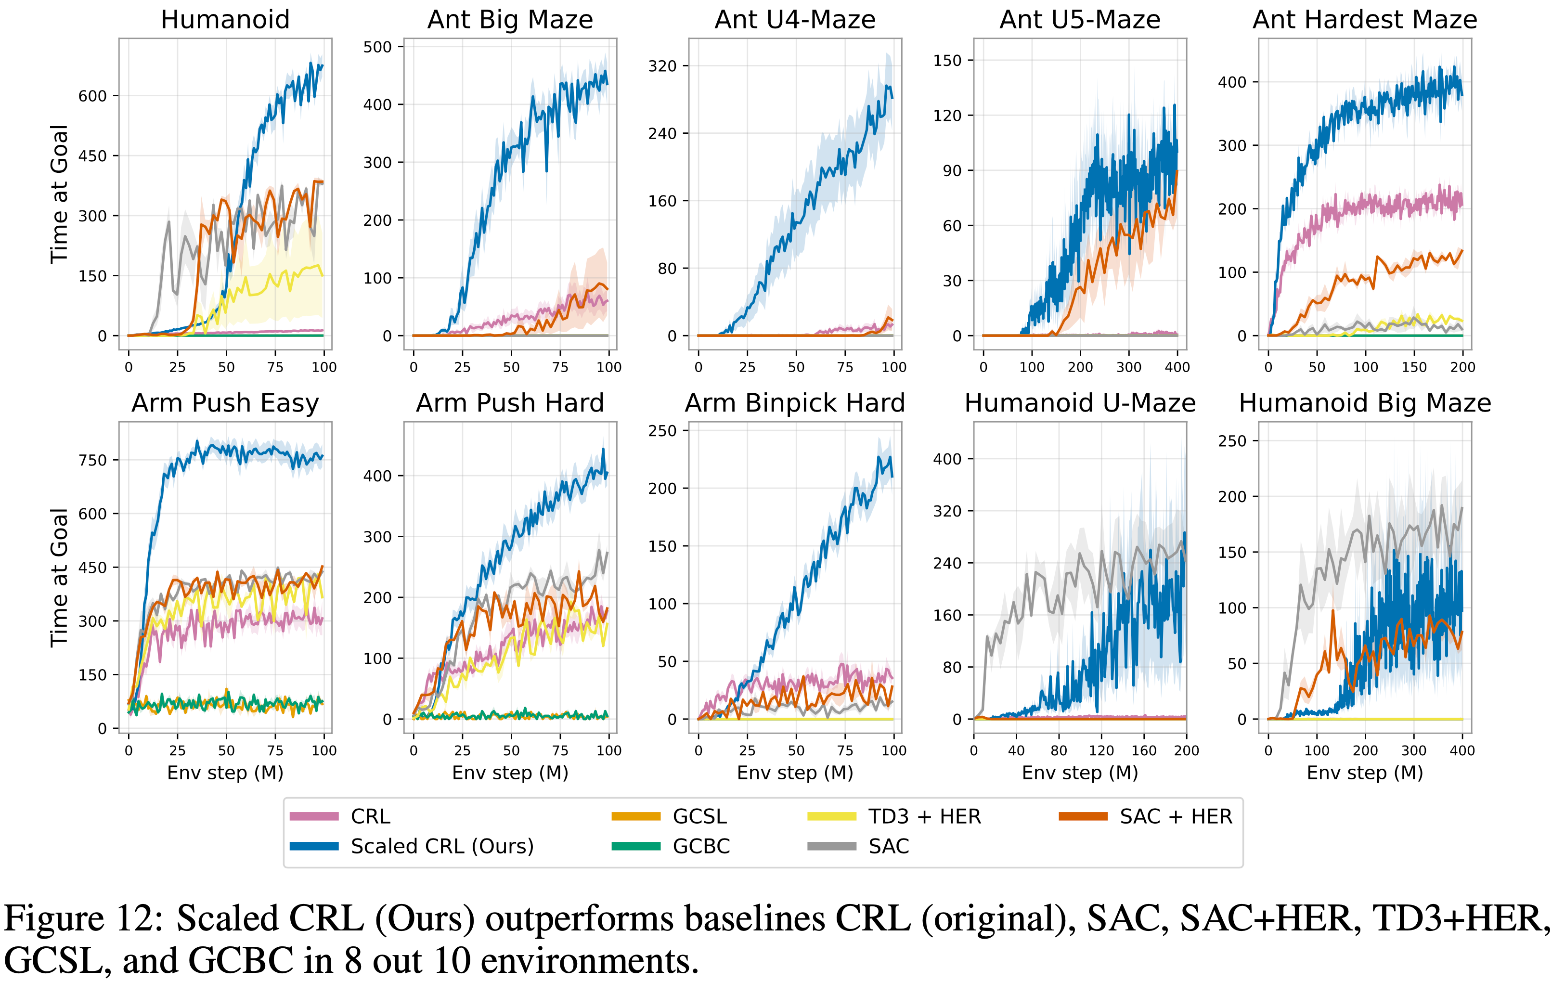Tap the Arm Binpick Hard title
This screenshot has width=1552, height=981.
(795, 403)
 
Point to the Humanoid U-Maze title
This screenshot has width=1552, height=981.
(1080, 403)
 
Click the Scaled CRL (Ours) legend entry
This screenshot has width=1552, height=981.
(442, 846)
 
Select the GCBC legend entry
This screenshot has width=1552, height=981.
(701, 846)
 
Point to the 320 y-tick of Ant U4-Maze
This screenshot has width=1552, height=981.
(662, 66)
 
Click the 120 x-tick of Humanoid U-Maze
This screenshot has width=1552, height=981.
(1101, 750)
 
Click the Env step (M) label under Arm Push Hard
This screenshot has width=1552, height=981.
(510, 772)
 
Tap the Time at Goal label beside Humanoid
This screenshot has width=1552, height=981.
(59, 194)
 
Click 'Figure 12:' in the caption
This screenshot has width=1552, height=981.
(85, 918)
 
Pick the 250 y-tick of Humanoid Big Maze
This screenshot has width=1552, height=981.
(1232, 441)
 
